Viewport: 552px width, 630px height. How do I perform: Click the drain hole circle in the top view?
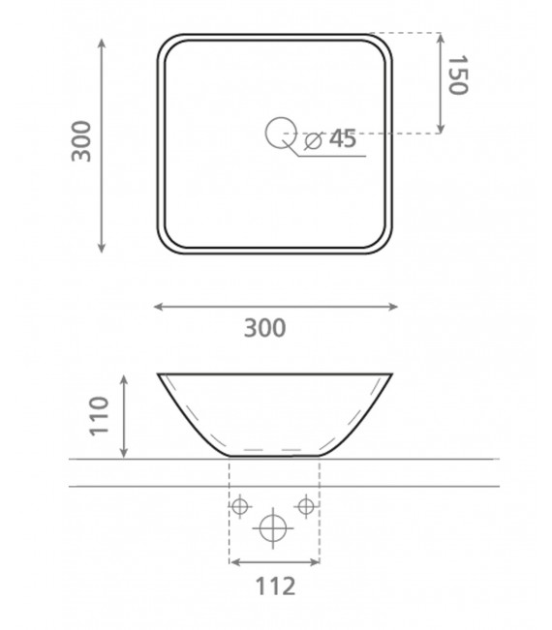(281, 132)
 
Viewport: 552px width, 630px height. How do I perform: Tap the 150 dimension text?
(457, 75)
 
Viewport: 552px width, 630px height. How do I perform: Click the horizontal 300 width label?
(264, 328)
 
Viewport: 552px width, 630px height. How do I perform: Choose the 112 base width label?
(274, 585)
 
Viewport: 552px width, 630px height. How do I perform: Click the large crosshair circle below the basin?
(273, 528)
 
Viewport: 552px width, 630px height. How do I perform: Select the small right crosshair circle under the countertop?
(306, 505)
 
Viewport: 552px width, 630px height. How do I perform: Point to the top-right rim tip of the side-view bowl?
(391, 374)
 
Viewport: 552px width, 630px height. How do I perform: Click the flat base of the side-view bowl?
(274, 454)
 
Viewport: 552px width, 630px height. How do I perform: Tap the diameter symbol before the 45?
(313, 141)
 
